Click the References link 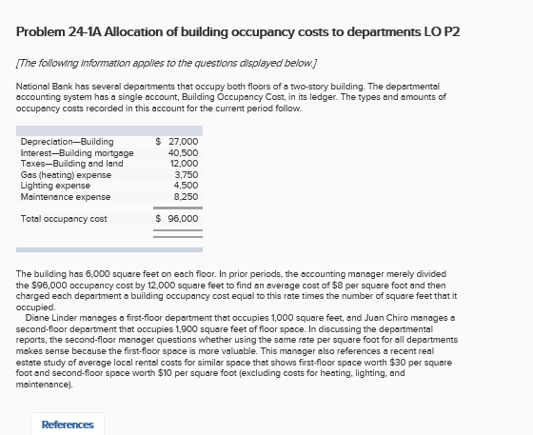tap(68, 425)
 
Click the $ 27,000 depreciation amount tap(177, 142)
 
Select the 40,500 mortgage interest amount tap(183, 152)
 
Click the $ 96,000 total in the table tap(177, 218)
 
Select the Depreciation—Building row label tap(67, 142)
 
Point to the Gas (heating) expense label tap(66, 175)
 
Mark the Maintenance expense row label tap(66, 197)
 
